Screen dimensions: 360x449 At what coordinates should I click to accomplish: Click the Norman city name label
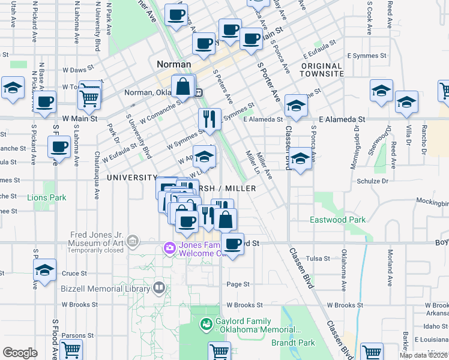click(x=173, y=64)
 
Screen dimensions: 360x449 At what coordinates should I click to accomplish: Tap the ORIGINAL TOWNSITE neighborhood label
click(x=322, y=70)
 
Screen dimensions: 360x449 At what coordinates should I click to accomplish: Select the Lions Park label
click(x=46, y=197)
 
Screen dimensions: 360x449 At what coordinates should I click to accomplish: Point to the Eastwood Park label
click(x=337, y=220)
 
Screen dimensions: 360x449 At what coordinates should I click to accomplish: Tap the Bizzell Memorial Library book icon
click(x=158, y=288)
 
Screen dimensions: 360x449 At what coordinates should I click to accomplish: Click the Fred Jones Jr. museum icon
click(x=133, y=242)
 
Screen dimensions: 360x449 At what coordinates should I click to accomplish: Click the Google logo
click(x=20, y=353)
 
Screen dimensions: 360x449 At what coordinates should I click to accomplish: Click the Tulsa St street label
click(x=318, y=258)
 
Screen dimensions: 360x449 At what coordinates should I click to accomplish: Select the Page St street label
click(x=238, y=284)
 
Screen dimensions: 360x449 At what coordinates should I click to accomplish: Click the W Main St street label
click(x=78, y=119)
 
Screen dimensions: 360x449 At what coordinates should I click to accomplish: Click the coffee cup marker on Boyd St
click(x=232, y=244)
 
